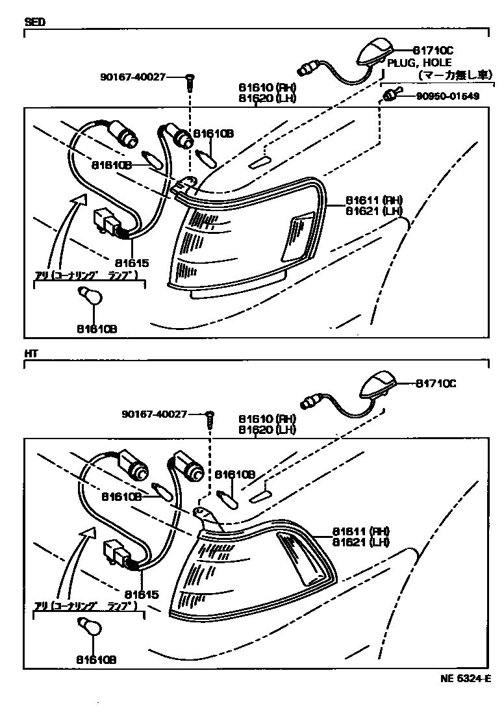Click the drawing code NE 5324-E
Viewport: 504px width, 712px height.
pyautogui.click(x=464, y=679)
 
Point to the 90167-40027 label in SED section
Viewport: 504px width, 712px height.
pyautogui.click(x=133, y=77)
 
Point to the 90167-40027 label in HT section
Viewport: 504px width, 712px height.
pyautogui.click(x=155, y=414)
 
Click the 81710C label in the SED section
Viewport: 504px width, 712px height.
pyautogui.click(x=435, y=49)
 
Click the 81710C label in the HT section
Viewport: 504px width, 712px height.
pyautogui.click(x=435, y=383)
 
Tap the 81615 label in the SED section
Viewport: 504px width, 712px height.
pyautogui.click(x=132, y=263)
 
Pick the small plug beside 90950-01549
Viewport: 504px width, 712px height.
pyautogui.click(x=388, y=96)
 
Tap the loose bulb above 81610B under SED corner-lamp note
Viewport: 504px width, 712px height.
pyautogui.click(x=90, y=296)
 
